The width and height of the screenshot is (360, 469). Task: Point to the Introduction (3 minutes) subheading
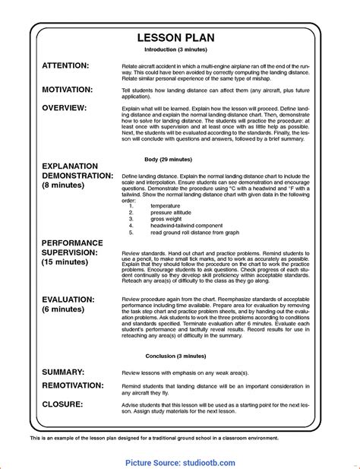coord(180,50)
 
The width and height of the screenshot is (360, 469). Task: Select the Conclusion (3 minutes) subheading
coord(180,355)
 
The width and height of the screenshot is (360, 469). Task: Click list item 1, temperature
coord(165,205)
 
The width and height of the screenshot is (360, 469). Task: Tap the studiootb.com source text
coord(207,462)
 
